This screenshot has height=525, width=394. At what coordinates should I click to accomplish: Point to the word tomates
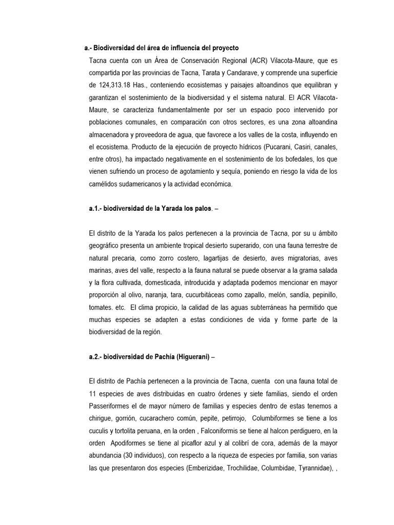[100, 307]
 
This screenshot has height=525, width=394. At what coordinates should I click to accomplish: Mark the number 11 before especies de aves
[92, 394]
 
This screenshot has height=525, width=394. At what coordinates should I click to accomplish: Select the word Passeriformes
[110, 406]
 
